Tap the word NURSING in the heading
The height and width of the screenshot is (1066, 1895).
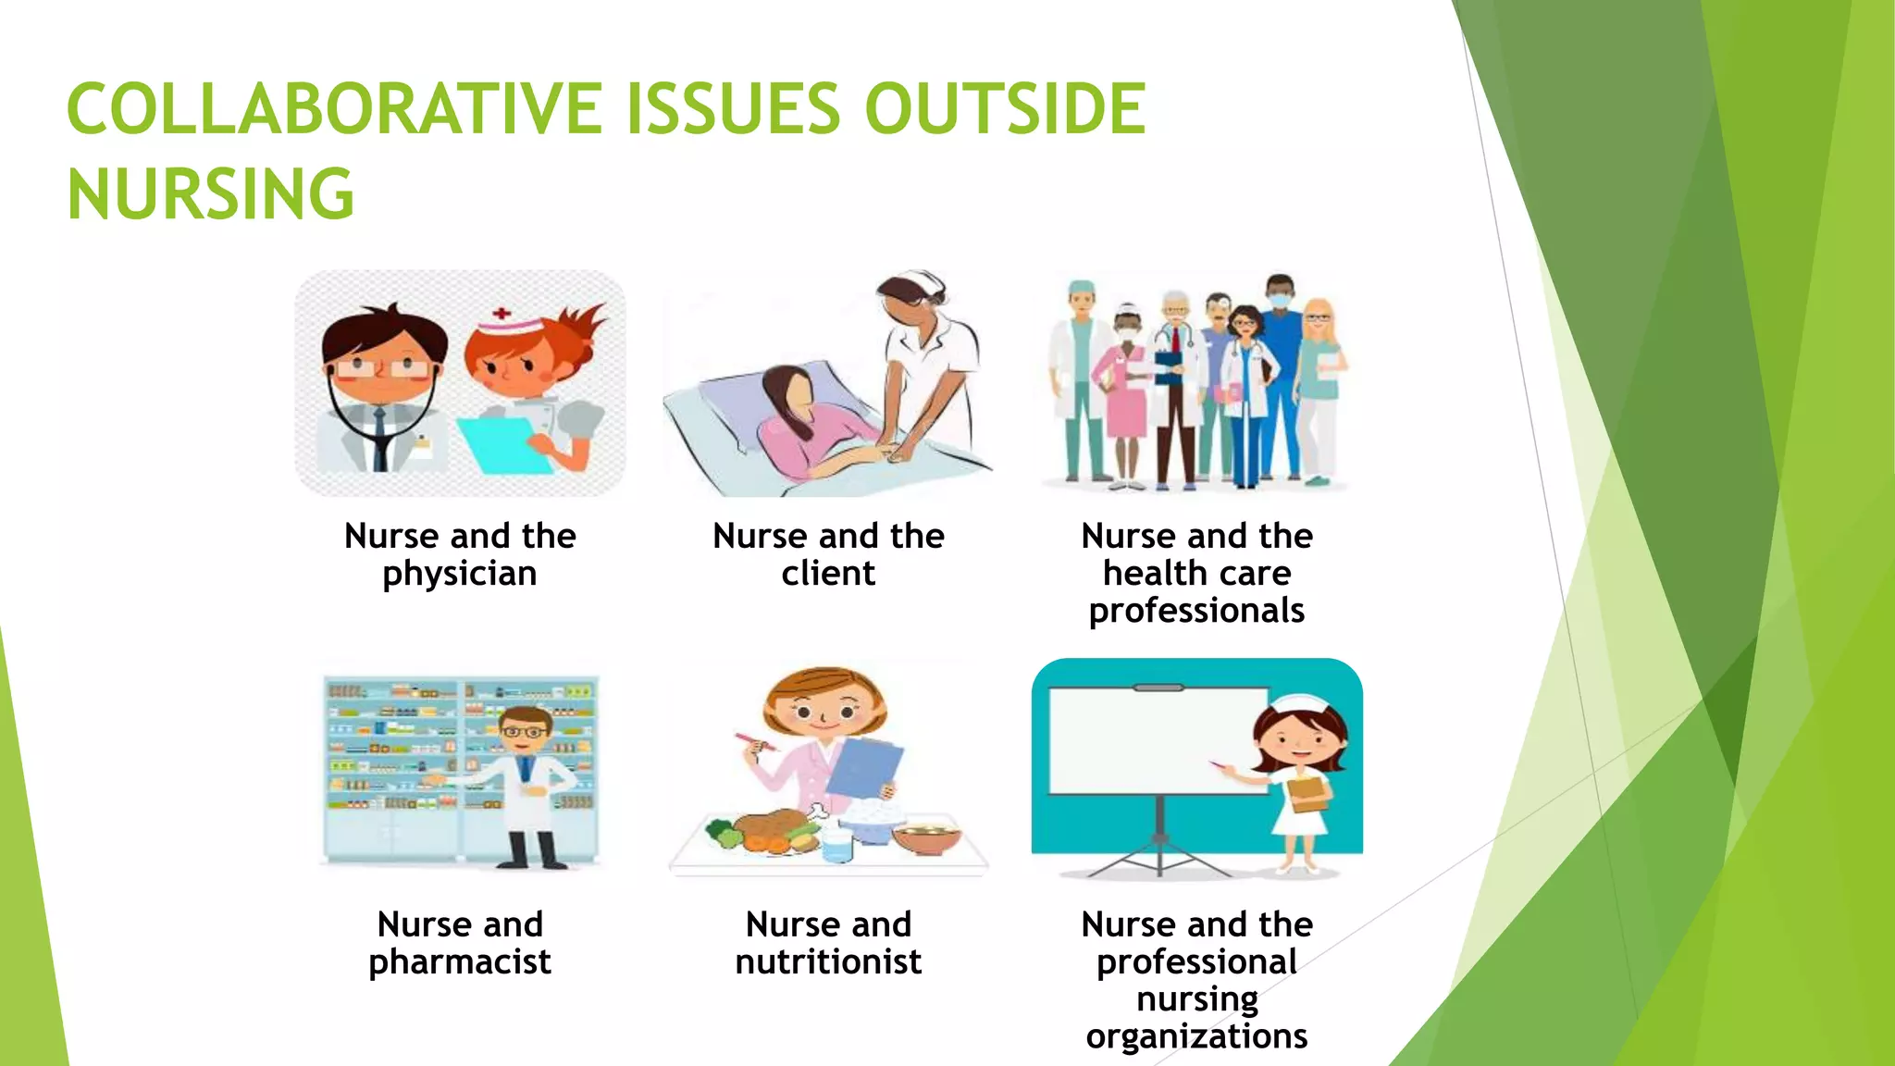(x=211, y=194)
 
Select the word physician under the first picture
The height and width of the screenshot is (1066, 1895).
(x=460, y=575)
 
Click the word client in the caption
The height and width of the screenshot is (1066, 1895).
(x=828, y=574)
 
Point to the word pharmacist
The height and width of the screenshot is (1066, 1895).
(x=460, y=962)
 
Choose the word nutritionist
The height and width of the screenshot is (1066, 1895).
(x=828, y=962)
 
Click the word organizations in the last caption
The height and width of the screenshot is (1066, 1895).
(x=1196, y=1036)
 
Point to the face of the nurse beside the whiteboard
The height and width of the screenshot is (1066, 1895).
(x=1297, y=740)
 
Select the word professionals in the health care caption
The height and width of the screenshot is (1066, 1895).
(x=1196, y=612)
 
